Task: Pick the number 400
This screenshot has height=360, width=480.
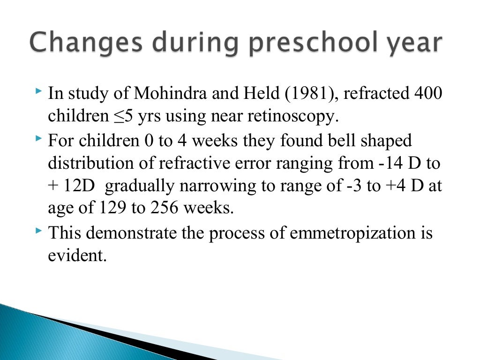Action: click(x=427, y=94)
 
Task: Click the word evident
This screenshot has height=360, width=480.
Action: click(x=75, y=255)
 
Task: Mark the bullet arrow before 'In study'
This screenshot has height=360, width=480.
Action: click(x=38, y=89)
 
